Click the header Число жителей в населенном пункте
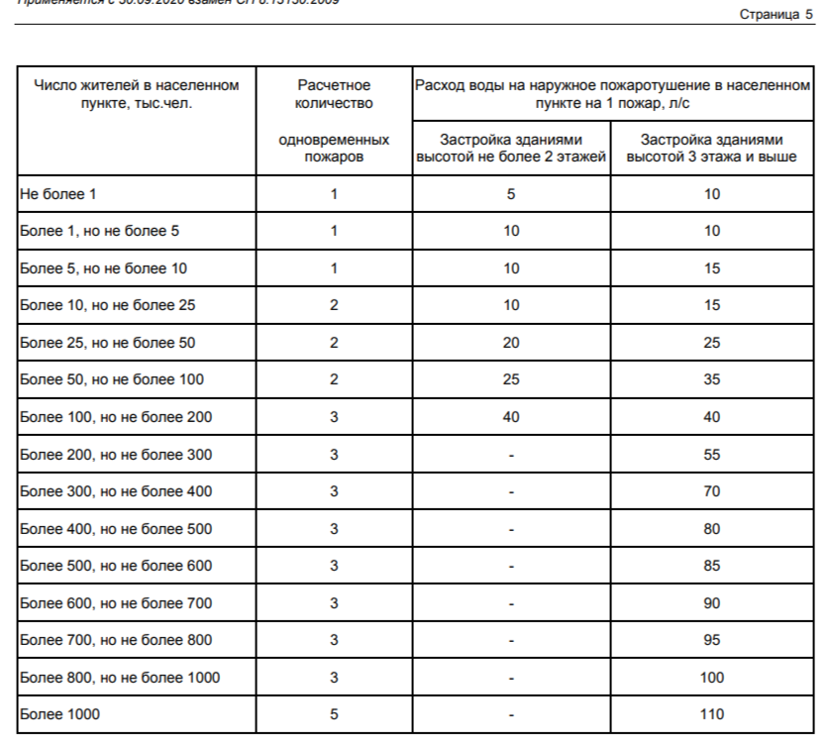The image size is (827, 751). pyautogui.click(x=137, y=94)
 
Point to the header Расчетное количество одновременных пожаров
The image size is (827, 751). pyautogui.click(x=334, y=120)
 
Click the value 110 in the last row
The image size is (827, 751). pyautogui.click(x=711, y=714)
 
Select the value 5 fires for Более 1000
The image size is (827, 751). pyautogui.click(x=334, y=714)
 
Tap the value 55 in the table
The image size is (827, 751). pyautogui.click(x=711, y=455)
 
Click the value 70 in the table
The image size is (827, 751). pyautogui.click(x=711, y=491)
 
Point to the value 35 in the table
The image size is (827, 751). pyautogui.click(x=711, y=380)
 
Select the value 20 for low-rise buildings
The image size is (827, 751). pyautogui.click(x=511, y=343)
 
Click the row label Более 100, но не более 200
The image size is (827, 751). pyautogui.click(x=115, y=417)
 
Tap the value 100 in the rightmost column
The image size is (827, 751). pyautogui.click(x=711, y=678)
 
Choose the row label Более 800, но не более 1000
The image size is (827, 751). pyautogui.click(x=119, y=678)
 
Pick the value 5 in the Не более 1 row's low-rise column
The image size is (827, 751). pyautogui.click(x=511, y=194)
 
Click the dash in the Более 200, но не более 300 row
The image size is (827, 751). pyautogui.click(x=511, y=455)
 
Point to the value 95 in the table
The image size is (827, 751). pyautogui.click(x=711, y=640)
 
